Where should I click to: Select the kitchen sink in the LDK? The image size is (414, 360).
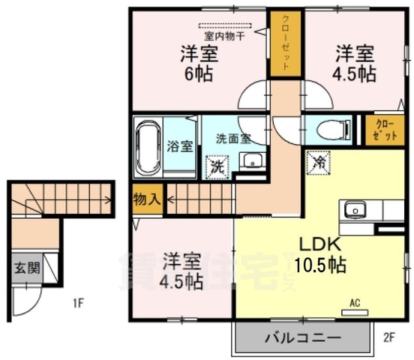coord(352,210)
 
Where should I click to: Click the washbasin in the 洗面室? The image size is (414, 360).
coord(252,160)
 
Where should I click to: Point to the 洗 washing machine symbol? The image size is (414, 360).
coord(217,166)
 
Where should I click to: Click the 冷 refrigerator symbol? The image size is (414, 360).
coord(318,161)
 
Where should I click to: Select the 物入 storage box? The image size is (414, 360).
coord(146,199)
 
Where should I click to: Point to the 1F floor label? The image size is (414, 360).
coord(77,304)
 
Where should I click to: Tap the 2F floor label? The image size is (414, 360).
coord(388,337)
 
